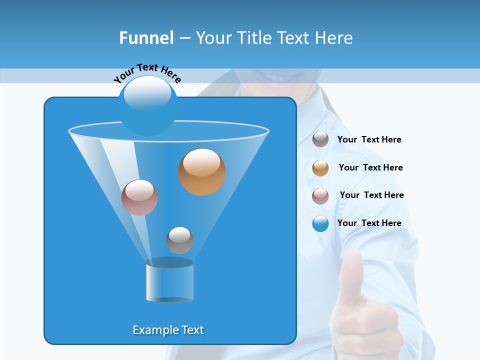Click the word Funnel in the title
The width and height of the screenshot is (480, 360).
click(146, 38)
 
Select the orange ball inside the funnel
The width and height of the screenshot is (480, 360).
click(201, 172)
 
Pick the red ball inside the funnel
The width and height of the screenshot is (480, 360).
click(139, 197)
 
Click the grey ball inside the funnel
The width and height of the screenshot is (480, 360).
click(179, 240)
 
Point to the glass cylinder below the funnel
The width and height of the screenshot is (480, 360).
click(169, 281)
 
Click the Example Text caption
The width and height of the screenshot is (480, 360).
click(168, 330)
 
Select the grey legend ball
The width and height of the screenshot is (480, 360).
click(320, 139)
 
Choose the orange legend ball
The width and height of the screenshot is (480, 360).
click(320, 168)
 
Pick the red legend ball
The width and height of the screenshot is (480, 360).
click(320, 196)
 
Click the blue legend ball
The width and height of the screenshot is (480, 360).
click(320, 223)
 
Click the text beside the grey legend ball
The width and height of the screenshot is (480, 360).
click(369, 140)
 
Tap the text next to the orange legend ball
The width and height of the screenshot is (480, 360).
click(370, 167)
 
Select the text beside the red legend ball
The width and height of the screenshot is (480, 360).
click(371, 195)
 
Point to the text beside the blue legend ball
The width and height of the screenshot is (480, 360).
click(369, 223)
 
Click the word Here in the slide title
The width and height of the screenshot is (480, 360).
click(334, 38)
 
